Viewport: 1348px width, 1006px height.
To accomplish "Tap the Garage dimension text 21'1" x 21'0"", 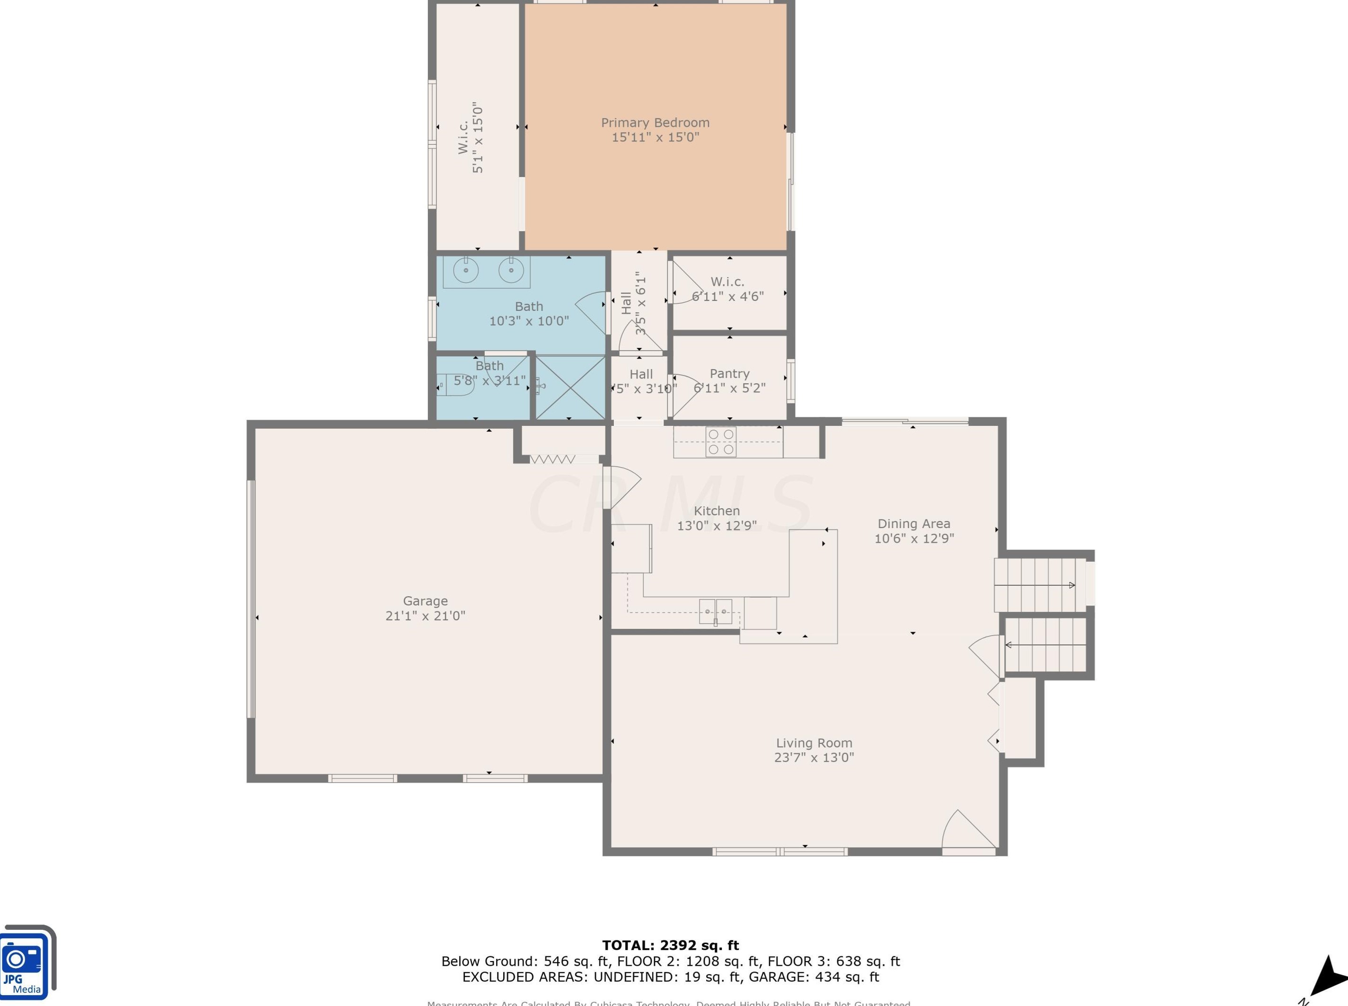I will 425,616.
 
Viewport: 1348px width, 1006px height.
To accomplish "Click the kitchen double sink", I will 715,611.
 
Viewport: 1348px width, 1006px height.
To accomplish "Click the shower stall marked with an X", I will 569,387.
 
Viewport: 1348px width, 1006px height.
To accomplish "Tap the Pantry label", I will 729,373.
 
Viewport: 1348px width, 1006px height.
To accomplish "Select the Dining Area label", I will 913,524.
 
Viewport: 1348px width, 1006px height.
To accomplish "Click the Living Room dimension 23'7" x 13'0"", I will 814,758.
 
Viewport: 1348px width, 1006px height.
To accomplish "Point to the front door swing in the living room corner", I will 968,831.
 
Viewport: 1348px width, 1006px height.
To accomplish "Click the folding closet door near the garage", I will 552,459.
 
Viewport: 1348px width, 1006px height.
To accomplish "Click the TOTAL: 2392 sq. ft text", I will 670,945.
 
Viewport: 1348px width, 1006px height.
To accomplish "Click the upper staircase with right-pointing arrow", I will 1040,585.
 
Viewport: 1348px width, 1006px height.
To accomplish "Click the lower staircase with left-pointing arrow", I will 1045,645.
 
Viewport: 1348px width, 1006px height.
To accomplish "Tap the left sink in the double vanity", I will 466,270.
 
